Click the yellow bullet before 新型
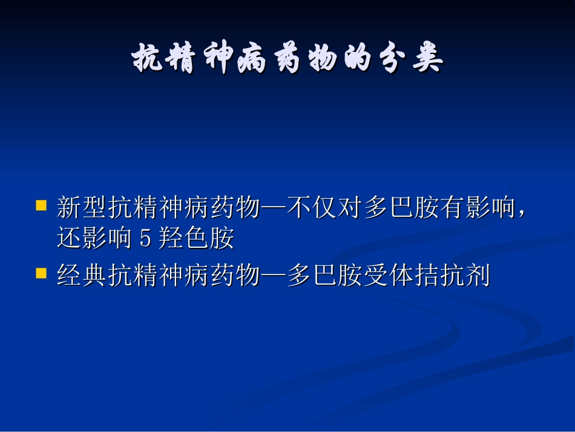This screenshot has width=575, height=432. pos(41,205)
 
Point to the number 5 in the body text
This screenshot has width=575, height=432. pos(145,239)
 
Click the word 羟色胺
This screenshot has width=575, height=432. pos(196,239)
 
